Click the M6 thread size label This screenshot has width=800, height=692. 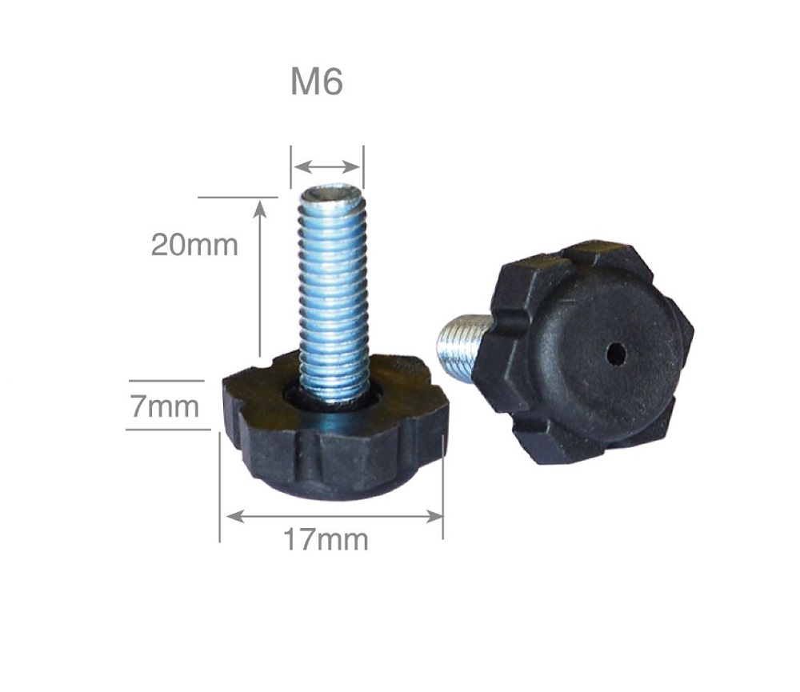(316, 82)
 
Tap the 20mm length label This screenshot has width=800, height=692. (194, 245)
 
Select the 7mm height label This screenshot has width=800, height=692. (164, 406)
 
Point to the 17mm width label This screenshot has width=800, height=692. (326, 540)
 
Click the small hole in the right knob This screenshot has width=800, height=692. (616, 353)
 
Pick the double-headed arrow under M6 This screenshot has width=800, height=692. (327, 166)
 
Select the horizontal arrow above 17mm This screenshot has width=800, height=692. (334, 517)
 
